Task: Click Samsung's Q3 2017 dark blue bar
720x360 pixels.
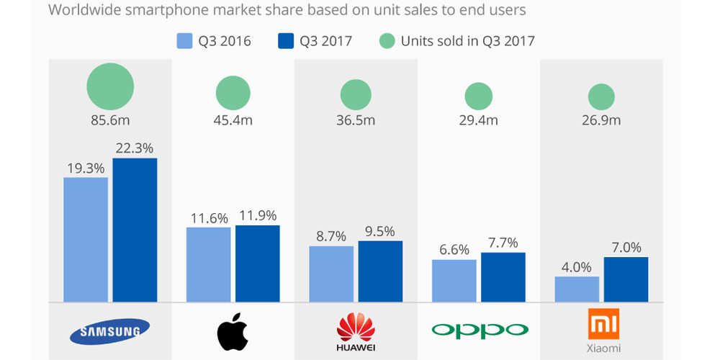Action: [x=135, y=230]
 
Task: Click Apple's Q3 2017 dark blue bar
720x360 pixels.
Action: [x=257, y=264]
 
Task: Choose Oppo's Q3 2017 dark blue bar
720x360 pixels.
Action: [x=503, y=277]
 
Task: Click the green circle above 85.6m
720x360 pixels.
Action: [x=110, y=87]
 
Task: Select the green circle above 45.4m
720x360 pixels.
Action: [x=233, y=94]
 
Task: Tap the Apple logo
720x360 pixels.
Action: [x=233, y=331]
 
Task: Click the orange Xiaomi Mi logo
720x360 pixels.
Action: [x=602, y=325]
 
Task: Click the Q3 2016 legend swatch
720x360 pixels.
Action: [x=184, y=41]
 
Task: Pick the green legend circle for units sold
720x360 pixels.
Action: [x=387, y=41]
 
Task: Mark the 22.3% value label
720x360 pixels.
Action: [x=135, y=148]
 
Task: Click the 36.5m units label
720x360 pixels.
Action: [x=356, y=120]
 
